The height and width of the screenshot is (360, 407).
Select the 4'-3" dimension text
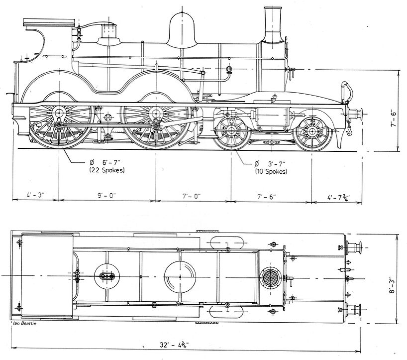[35, 196]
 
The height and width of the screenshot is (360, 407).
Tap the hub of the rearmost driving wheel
[60, 114]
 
